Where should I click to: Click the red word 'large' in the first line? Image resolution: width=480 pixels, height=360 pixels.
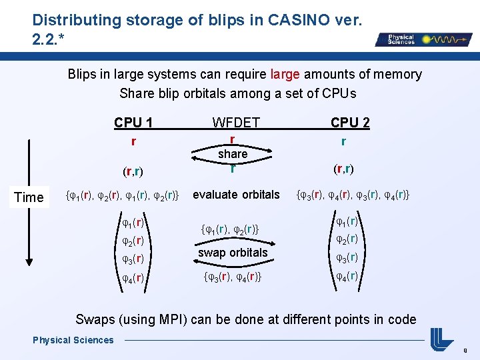coord(285,74)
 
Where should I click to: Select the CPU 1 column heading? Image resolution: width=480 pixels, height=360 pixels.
coord(133,123)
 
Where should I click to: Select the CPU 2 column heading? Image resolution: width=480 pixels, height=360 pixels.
coord(350,123)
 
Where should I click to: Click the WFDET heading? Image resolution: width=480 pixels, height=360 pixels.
coord(235,123)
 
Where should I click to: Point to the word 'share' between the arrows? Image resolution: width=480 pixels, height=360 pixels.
coord(233,154)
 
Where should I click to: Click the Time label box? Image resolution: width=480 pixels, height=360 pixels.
coord(29,197)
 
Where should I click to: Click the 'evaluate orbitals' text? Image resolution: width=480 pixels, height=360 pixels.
coord(236,195)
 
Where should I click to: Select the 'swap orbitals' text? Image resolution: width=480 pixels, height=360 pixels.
coord(233,253)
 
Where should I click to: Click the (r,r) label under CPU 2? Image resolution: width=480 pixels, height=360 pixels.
coord(343,168)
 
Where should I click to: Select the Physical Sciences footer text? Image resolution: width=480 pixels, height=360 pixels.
coord(73,340)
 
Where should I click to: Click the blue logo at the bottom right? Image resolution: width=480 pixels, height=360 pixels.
coord(441,339)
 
